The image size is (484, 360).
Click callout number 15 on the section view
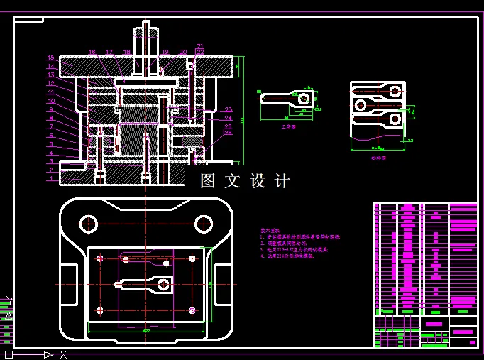point(50,58)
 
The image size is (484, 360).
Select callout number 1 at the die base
point(50,178)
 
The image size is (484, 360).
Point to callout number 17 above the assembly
point(109,52)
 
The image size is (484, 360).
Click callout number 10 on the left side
point(50,101)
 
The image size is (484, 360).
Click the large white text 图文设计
point(246,181)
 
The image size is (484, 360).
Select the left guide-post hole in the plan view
point(88,224)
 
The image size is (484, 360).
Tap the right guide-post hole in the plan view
point(204,224)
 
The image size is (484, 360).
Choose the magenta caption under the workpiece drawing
point(288,126)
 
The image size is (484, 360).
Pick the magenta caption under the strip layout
point(378,158)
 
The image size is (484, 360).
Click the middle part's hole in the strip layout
point(361,105)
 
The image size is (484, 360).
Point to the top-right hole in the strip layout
point(392,90)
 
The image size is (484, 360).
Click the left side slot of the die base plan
point(69,280)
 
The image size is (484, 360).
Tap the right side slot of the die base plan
point(224,280)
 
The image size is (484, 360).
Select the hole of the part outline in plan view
point(163,285)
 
